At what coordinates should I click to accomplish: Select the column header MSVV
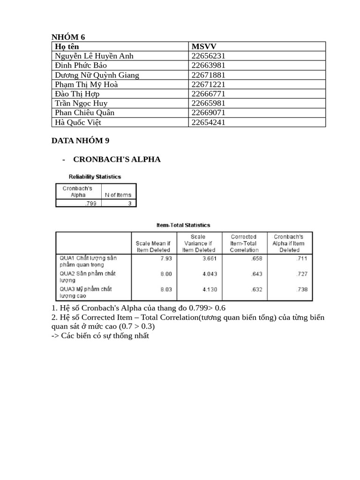(204, 46)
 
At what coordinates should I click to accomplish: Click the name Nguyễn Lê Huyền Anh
(94, 56)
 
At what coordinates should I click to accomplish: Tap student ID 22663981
(209, 65)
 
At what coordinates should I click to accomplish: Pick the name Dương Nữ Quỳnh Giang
(97, 75)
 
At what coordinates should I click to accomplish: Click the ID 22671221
(209, 84)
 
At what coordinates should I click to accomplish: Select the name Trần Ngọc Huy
(81, 103)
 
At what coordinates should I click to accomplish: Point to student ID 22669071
(209, 112)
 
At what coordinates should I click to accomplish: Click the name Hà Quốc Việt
(78, 122)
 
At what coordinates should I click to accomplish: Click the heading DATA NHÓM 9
(80, 140)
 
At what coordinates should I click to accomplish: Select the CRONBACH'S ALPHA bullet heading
(117, 159)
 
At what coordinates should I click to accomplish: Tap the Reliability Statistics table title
(95, 177)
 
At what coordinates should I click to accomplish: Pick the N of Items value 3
(129, 203)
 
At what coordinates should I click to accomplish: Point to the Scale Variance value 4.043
(209, 274)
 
